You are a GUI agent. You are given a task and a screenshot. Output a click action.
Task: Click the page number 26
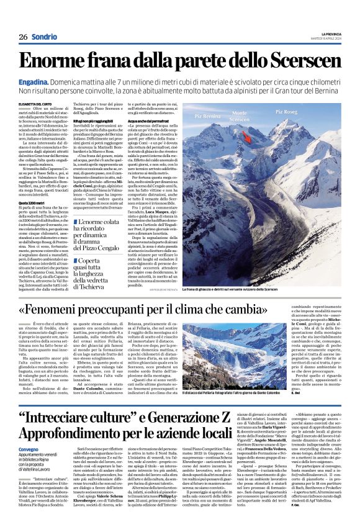point(23,37)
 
